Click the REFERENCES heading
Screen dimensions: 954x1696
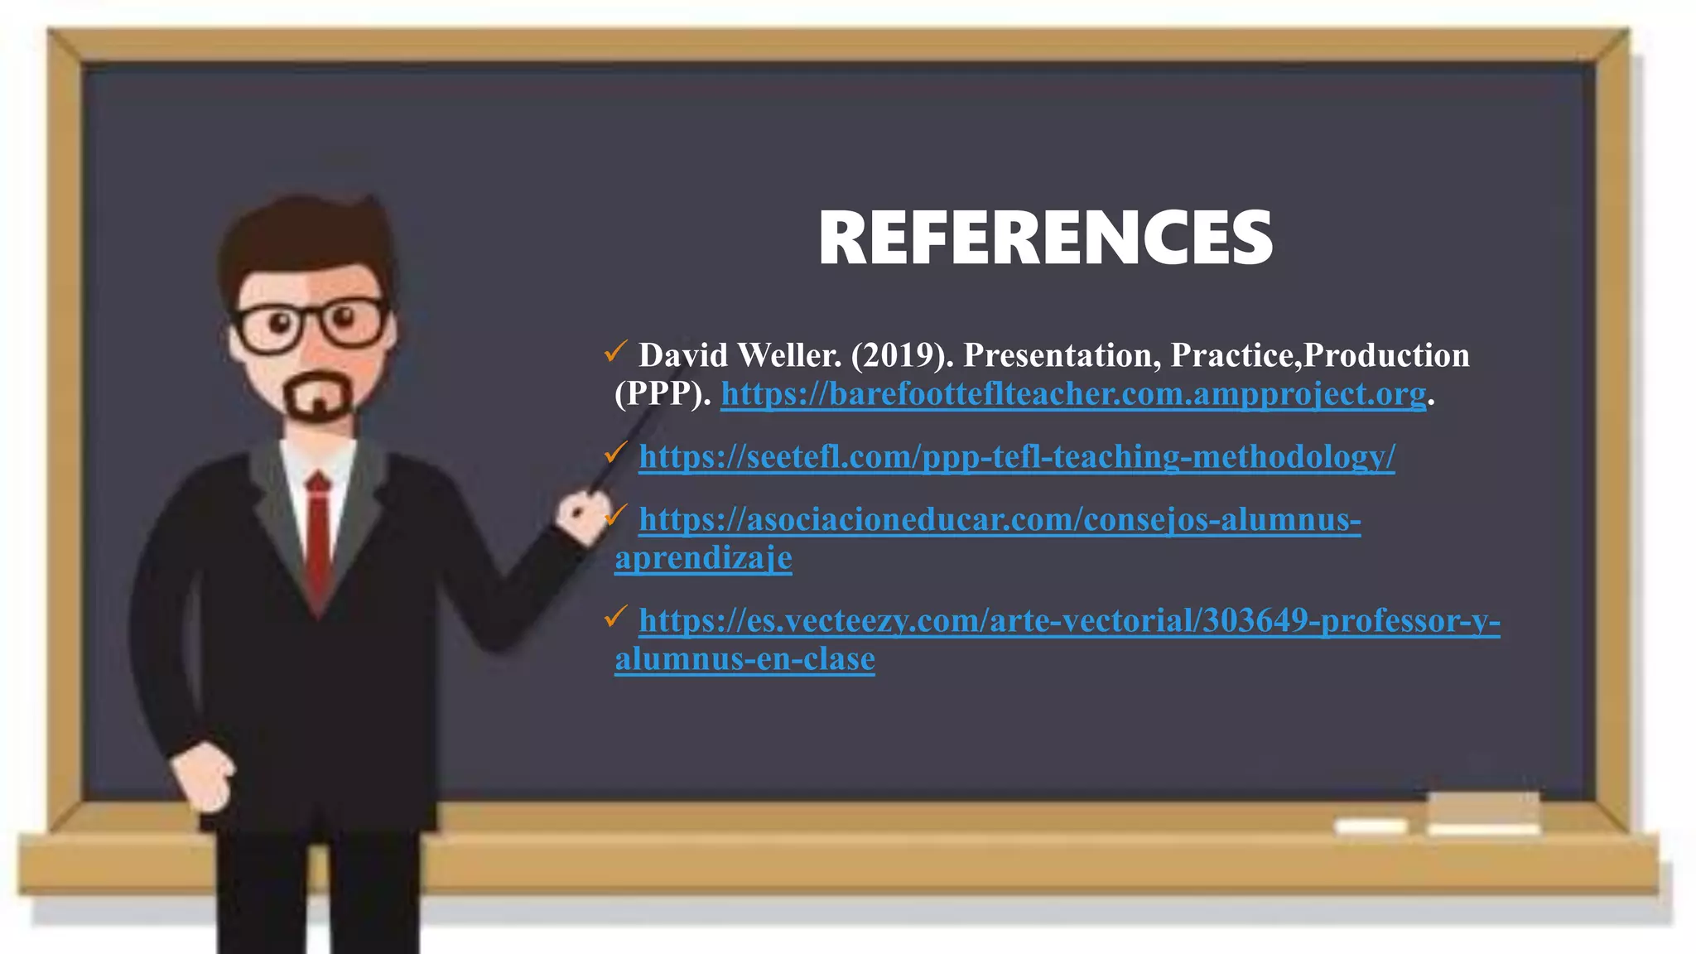[x=1045, y=238]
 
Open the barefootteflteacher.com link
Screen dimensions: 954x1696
[x=1073, y=394]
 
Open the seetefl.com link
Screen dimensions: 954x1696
[x=1017, y=457]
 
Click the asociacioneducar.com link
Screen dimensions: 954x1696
[x=1000, y=520]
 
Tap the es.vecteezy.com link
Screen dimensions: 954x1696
[x=1069, y=621]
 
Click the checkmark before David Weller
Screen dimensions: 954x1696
[x=616, y=352]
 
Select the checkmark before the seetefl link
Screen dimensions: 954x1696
[x=616, y=453]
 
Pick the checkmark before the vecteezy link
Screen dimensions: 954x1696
[x=616, y=617]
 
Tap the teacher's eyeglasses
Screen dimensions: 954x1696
[x=311, y=325]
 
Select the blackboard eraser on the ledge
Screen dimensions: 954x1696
[x=1482, y=812]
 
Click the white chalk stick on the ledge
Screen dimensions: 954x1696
[x=1371, y=826]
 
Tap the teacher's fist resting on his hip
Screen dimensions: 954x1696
[x=203, y=778]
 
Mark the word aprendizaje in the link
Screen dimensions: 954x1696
[x=703, y=558]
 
